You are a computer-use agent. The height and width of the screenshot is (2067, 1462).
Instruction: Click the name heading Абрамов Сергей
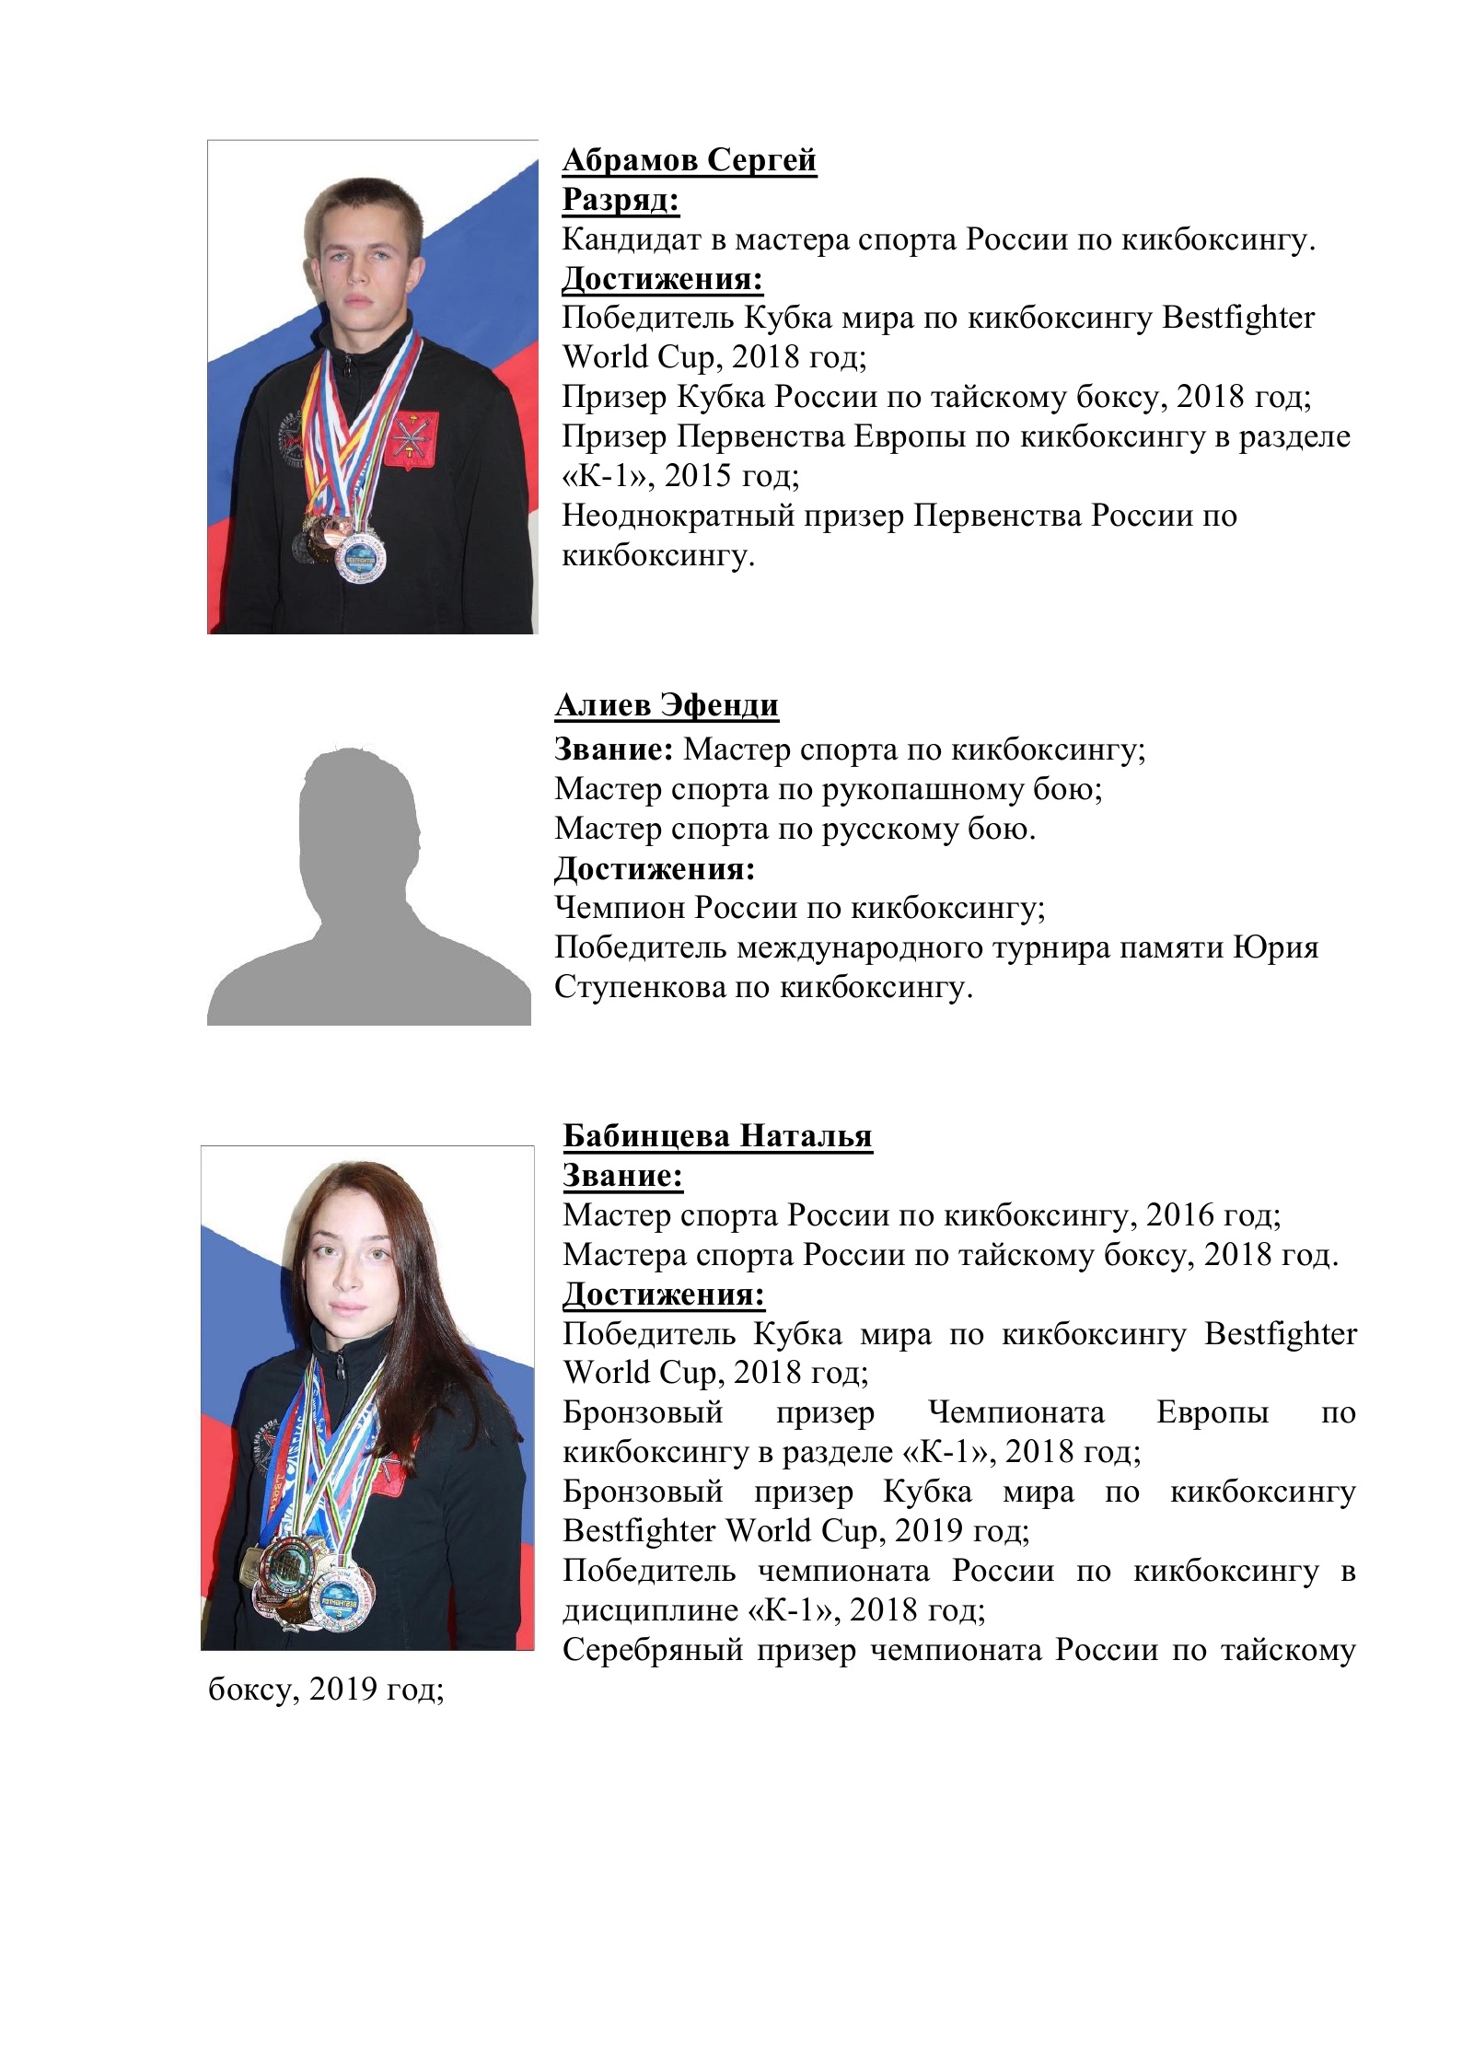(689, 160)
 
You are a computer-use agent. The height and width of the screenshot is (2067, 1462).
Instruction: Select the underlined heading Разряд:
(621, 200)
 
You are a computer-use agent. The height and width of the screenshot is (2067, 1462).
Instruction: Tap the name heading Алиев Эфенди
(667, 705)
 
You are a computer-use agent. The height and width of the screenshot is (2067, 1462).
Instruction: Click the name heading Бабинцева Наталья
(717, 1136)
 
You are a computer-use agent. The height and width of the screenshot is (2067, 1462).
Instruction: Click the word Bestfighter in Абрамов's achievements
(1238, 318)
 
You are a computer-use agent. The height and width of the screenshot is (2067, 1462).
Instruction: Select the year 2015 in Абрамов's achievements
(699, 476)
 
